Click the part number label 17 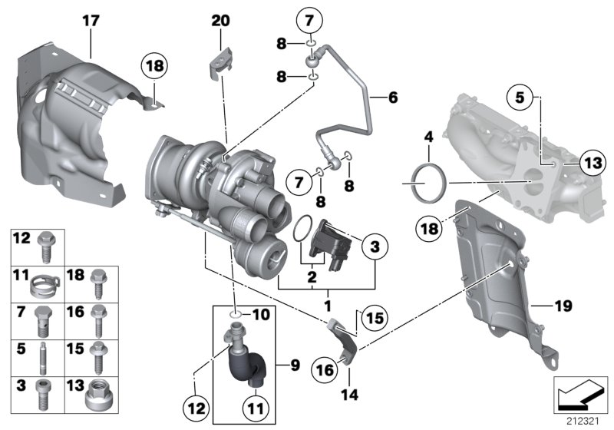(91, 22)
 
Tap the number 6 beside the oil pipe (394, 98)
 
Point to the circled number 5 (520, 98)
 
